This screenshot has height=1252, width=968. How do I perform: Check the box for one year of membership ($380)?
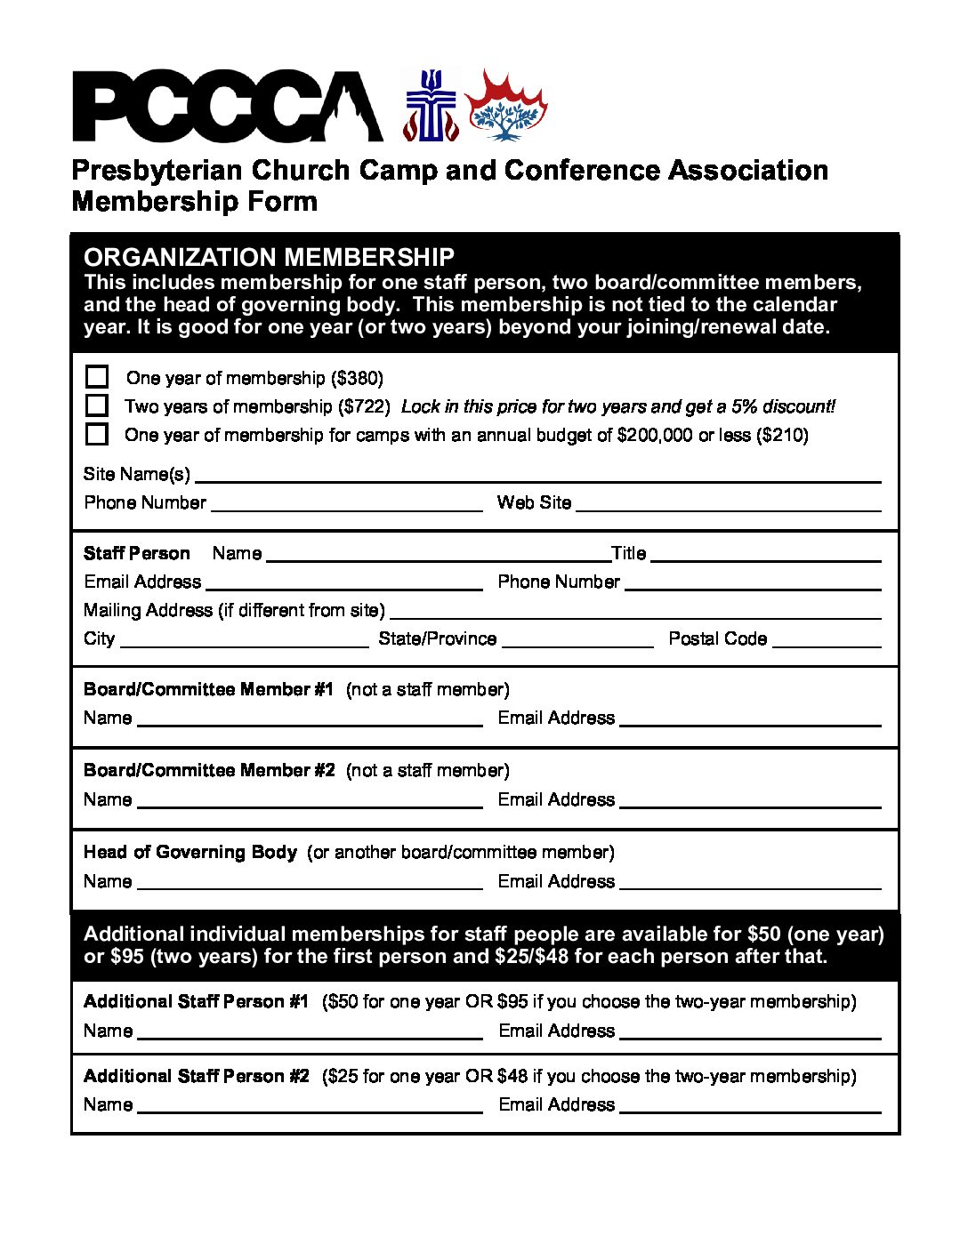click(97, 377)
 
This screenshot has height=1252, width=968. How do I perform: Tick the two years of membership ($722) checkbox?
click(97, 405)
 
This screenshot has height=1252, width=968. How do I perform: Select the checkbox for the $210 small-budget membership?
click(97, 434)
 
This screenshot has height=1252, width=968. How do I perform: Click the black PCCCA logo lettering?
click(227, 107)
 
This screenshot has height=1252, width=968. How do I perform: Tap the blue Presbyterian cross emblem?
click(431, 107)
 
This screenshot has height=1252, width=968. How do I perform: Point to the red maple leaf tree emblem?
click(504, 107)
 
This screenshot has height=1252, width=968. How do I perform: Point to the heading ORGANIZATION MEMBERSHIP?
click(269, 258)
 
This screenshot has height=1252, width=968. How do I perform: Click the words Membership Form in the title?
click(194, 202)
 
